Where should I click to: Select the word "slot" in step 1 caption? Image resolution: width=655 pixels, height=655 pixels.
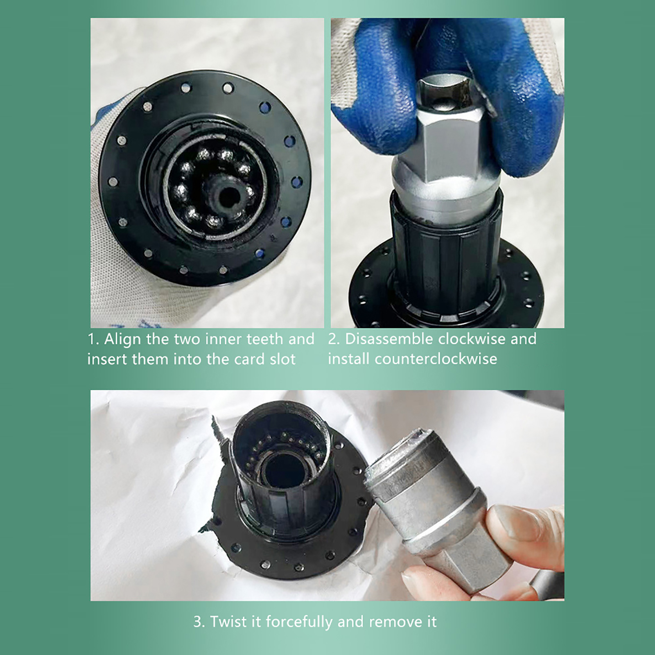pyautogui.click(x=282, y=359)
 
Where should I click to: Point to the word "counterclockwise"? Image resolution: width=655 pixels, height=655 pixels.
pyautogui.click(x=436, y=359)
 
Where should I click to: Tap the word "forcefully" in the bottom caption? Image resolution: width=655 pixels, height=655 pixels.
pyautogui.click(x=300, y=622)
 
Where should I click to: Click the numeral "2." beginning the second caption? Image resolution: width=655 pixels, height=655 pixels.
pyautogui.click(x=334, y=339)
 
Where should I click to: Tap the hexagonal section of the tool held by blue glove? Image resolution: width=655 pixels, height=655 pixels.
pyautogui.click(x=450, y=135)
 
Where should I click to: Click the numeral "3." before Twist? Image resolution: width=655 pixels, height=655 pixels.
pyautogui.click(x=199, y=622)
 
